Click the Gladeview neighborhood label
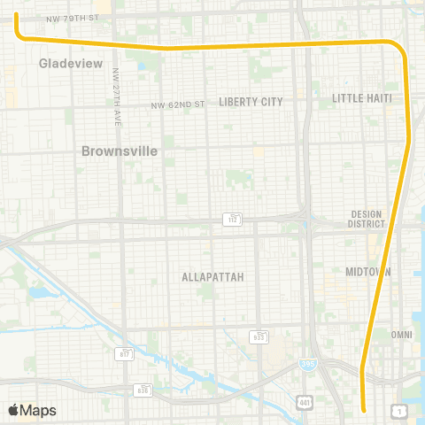click(x=71, y=64)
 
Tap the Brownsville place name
click(x=120, y=151)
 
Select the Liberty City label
click(x=251, y=102)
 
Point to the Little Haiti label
click(x=361, y=97)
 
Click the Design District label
click(x=366, y=219)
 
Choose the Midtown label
click(x=368, y=272)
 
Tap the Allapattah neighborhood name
click(x=212, y=277)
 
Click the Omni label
click(x=402, y=335)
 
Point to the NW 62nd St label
click(x=177, y=104)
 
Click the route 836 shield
click(x=143, y=390)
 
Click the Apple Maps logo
click(x=32, y=410)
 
